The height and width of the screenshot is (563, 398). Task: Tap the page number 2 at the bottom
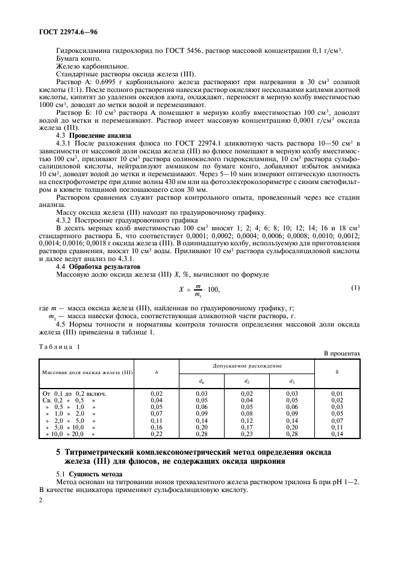pyautogui.click(x=41, y=499)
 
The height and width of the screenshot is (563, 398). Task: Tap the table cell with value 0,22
pyautogui.click(x=157, y=433)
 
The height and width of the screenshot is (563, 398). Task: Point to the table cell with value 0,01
pyautogui.click(x=337, y=393)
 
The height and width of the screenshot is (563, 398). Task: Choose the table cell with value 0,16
pyautogui.click(x=157, y=426)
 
